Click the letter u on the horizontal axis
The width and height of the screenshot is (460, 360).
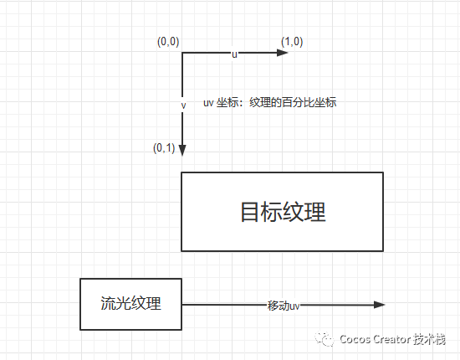(235, 54)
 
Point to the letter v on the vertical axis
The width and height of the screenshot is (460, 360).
(182, 106)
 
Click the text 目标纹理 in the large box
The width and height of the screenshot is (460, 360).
(283, 212)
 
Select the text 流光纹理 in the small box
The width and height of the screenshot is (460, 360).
(130, 304)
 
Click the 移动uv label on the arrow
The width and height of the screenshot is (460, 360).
(284, 306)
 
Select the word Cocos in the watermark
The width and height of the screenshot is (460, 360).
(356, 340)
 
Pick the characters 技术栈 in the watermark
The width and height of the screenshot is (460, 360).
(430, 340)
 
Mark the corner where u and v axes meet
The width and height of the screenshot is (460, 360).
(182, 53)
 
